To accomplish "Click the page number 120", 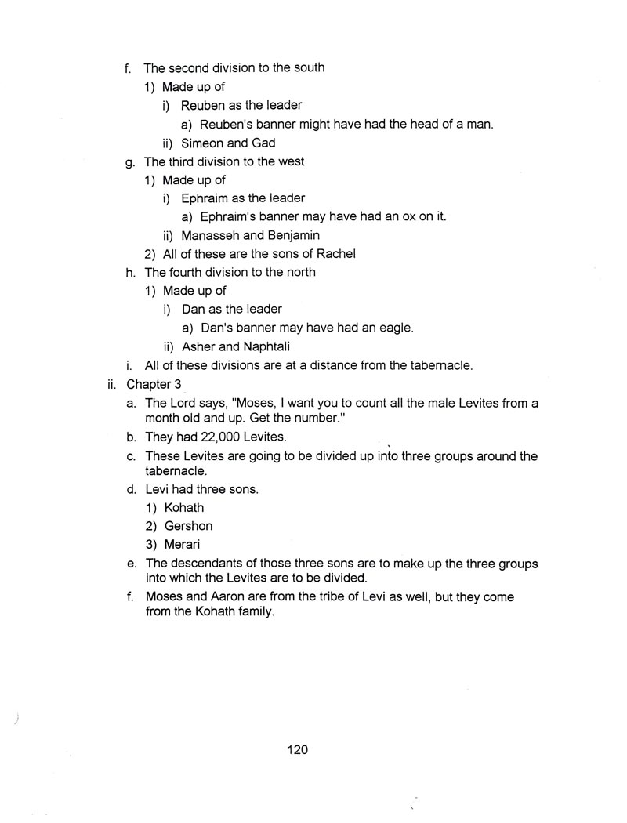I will click(x=297, y=750).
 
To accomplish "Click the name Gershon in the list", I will click(x=188, y=526).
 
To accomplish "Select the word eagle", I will click(x=394, y=328).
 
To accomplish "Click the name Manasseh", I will click(x=212, y=235).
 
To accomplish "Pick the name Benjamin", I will click(x=292, y=235).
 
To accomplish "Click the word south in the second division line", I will click(x=307, y=67).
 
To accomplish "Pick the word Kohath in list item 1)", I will click(x=184, y=508).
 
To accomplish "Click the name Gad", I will click(x=263, y=143).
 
